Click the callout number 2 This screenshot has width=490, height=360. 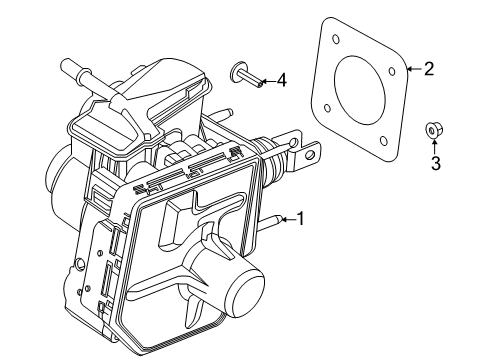[x=429, y=69]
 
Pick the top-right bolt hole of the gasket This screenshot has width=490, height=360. [x=394, y=70]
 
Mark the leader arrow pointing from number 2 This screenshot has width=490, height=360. [x=412, y=69]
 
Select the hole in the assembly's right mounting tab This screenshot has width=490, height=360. [x=311, y=154]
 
